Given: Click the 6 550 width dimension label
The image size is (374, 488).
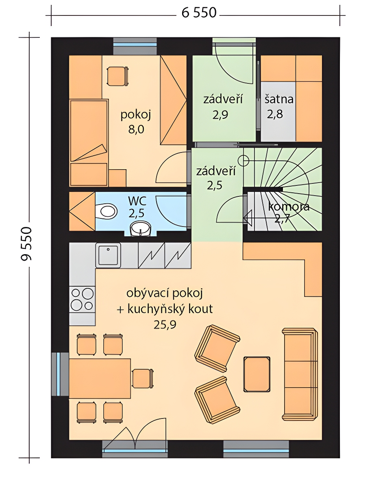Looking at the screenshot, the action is [x=199, y=13].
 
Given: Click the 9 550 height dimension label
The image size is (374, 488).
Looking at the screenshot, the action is [x=26, y=244].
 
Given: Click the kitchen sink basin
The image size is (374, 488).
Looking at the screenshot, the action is [x=108, y=255].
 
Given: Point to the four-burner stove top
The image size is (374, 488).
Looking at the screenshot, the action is [x=82, y=299].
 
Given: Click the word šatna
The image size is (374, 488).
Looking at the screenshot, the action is [x=279, y=99].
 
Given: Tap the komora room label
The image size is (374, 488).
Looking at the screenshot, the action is [x=289, y=207].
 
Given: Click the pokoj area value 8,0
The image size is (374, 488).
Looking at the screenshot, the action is [x=136, y=129].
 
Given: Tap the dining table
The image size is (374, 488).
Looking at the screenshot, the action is [x=100, y=379].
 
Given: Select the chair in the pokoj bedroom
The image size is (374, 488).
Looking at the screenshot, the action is [x=117, y=76].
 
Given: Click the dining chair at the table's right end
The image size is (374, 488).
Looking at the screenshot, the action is [x=143, y=379].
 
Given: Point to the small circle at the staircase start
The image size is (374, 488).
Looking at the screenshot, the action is [x=244, y=161].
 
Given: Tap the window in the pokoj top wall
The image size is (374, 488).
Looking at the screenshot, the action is [x=135, y=46].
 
